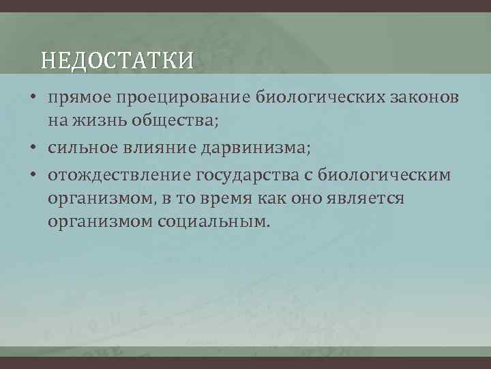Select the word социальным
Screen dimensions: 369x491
214,222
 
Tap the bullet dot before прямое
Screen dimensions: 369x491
33,99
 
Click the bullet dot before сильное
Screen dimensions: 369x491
33,149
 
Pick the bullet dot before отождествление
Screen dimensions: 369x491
33,174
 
